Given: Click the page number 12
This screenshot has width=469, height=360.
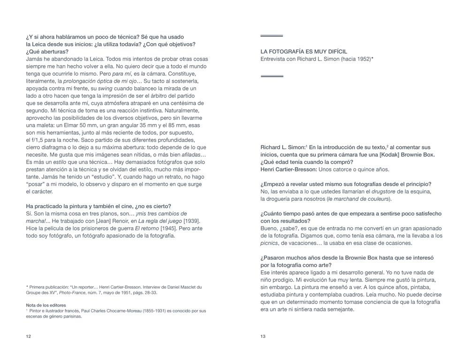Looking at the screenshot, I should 29,336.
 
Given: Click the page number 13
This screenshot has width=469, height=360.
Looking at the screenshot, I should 263,336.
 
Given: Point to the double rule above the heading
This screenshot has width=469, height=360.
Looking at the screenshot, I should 272,36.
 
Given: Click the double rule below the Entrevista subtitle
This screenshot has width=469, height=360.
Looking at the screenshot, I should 272,76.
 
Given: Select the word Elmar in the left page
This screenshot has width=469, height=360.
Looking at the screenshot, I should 64,125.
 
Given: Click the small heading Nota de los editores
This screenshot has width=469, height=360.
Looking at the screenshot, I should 46,305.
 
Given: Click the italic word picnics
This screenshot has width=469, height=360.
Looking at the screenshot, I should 269,243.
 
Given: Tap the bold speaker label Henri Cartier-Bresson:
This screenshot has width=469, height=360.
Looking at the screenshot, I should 288,169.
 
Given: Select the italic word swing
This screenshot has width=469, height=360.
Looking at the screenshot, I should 105,88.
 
